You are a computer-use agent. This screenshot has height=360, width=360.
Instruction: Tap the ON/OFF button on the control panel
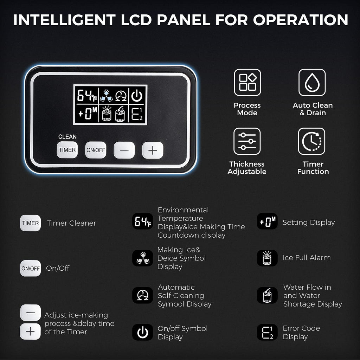coord(96,150)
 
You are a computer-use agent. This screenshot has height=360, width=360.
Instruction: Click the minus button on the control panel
coord(124,150)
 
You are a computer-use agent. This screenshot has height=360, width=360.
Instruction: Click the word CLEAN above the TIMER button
coord(67,137)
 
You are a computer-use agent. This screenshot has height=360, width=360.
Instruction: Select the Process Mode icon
coord(247,82)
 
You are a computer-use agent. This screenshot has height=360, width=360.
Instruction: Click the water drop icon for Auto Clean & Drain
coord(312,82)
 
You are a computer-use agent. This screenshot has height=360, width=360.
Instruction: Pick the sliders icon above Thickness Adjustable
coord(247,141)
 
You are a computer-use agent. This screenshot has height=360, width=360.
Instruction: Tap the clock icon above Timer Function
coord(311,141)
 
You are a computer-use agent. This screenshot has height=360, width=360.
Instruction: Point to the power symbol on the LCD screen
coord(137,96)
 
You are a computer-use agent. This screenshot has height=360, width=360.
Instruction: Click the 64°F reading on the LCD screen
coord(87,96)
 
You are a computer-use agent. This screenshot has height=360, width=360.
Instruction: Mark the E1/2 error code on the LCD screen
coord(137,114)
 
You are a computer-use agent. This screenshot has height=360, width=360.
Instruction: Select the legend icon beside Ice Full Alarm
coord(267,258)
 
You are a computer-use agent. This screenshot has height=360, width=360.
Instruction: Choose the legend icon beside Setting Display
coord(267,221)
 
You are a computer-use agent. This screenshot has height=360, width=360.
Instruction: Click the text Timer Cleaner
coord(71,223)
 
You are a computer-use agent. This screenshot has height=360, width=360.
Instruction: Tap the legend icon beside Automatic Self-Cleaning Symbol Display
coord(143,295)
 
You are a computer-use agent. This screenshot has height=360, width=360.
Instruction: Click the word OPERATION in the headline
coord(301,20)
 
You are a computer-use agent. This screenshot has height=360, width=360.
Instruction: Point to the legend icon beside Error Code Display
coord(267,332)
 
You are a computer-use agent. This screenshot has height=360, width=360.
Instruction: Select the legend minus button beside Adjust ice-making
coord(31,313)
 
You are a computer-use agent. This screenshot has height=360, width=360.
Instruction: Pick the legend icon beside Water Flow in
coord(267,295)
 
